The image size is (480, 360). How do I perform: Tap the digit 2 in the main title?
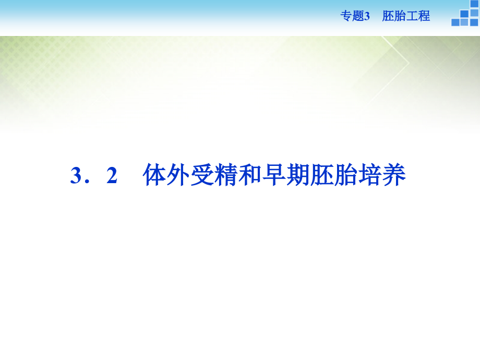pyautogui.click(x=112, y=176)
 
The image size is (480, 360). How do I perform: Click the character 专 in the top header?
pyautogui.click(x=346, y=16)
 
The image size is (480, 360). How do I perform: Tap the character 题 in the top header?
pyautogui.click(x=357, y=16)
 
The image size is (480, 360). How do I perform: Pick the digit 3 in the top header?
pyautogui.click(x=367, y=16)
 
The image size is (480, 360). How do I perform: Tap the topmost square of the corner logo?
pyautogui.click(x=474, y=4)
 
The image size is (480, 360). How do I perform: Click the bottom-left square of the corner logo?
pyautogui.click(x=455, y=22)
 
